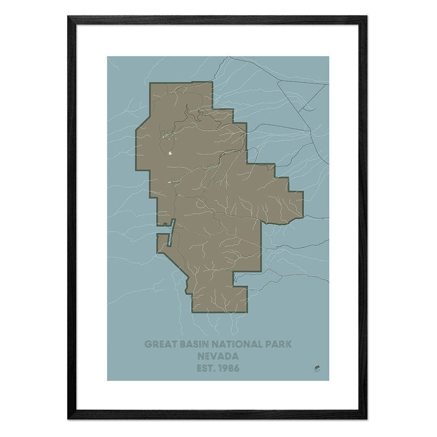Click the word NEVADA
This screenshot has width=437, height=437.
pos(218,356)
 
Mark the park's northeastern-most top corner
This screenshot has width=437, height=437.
pos(211,82)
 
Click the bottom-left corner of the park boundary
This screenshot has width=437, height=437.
pos(190,311)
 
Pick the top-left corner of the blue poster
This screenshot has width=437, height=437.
pos(107,57)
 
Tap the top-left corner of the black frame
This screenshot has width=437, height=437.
pos(68,17)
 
